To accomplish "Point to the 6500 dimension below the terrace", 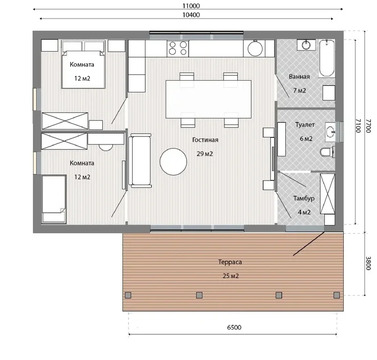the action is [x=234, y=327].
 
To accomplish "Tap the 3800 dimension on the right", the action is [x=368, y=263].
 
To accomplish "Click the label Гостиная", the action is [x=205, y=140].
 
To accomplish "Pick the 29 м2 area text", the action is [x=205, y=154].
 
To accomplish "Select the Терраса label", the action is [x=230, y=262].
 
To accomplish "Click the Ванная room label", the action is [x=299, y=76].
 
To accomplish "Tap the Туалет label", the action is [x=305, y=125].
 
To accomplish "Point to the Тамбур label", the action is [x=304, y=198].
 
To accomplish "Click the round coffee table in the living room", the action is [x=173, y=161].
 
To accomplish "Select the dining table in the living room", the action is [x=209, y=99].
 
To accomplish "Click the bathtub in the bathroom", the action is [x=326, y=58].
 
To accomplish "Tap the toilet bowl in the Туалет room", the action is [x=327, y=152].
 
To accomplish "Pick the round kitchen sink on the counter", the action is [x=255, y=49].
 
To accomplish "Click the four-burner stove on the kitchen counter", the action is [x=178, y=48].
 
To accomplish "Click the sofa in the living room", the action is [x=140, y=160].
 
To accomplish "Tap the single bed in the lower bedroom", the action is [x=54, y=199].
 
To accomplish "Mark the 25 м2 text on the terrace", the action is [x=230, y=276].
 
